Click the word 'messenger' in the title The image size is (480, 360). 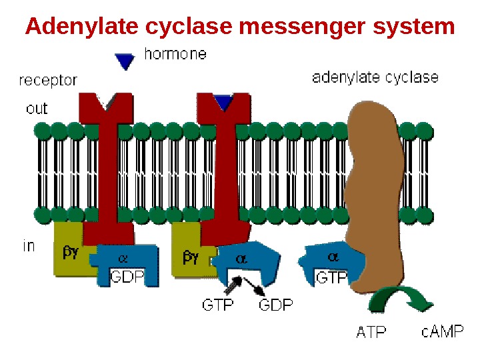coord(302,27)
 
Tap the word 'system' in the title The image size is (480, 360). coord(414,27)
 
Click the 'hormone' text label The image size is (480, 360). coord(175,55)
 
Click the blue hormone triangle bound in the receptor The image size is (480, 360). coord(223,103)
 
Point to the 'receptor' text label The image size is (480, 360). coord(48,81)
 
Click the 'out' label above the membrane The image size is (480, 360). coord(37,108)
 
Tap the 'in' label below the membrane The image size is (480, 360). coord(29,246)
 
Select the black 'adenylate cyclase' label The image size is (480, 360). coord(375,77)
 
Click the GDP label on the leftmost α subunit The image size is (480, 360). coord(127,276)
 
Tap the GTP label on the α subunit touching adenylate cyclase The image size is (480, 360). coord(331,277)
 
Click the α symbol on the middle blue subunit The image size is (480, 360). coord(241,259)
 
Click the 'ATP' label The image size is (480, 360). coord(371,331)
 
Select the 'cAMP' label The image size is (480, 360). coord(442,331)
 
